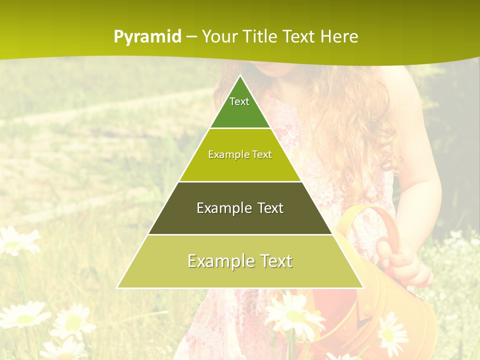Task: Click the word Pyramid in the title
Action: [x=147, y=36]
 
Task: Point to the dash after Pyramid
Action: [x=191, y=37]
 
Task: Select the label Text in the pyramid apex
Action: [x=239, y=101]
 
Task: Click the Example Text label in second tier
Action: [x=240, y=154]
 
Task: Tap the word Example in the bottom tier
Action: [x=217, y=261]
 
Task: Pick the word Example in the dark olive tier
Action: [x=223, y=208]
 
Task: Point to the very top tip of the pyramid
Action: [x=240, y=76]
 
